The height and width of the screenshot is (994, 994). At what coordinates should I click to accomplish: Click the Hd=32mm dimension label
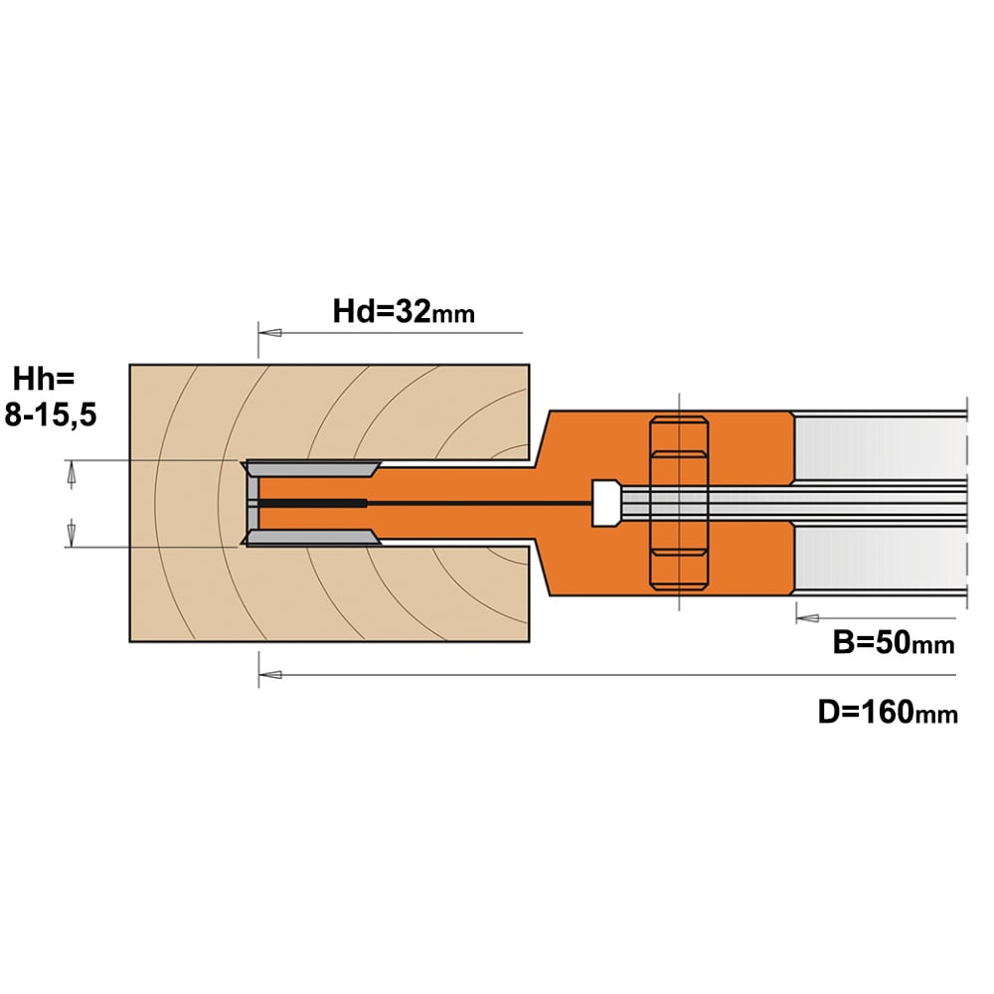click(x=404, y=312)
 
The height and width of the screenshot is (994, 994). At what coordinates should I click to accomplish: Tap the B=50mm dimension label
click(x=894, y=643)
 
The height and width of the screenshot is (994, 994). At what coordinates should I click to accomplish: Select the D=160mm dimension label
click(x=888, y=712)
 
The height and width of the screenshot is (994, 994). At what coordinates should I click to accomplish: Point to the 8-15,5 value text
click(x=51, y=415)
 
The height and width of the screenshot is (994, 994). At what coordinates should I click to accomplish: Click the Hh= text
click(x=44, y=379)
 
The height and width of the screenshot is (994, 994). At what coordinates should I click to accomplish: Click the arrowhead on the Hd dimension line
click(x=269, y=332)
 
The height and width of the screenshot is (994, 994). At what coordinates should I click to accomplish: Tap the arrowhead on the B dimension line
click(x=807, y=618)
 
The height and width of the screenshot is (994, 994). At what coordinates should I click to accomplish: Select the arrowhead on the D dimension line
click(x=270, y=675)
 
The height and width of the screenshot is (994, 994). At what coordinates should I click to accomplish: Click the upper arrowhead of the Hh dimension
click(x=72, y=474)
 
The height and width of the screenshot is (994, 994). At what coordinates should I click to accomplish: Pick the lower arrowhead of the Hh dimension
click(x=72, y=533)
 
